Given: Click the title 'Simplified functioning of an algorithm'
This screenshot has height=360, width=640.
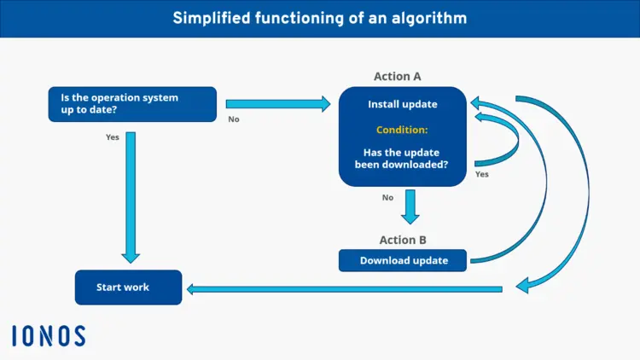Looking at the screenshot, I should [x=319, y=18].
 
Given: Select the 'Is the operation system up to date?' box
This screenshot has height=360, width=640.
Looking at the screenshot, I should [x=132, y=104].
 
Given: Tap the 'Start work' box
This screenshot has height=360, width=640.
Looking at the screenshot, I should [x=128, y=287].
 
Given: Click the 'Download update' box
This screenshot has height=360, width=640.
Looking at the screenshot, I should [x=404, y=260].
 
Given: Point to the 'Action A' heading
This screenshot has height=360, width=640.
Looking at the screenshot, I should [x=397, y=76].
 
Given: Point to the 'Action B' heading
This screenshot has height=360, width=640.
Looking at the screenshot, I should [x=403, y=240].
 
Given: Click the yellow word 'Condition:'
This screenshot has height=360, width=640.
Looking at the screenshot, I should [x=402, y=130].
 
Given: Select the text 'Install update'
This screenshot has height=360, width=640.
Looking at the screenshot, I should [x=402, y=105].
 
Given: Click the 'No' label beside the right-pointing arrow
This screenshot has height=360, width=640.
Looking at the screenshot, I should [x=234, y=119].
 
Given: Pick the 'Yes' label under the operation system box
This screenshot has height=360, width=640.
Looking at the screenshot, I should [x=112, y=137].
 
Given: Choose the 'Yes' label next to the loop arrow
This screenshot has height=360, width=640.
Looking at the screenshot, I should [x=481, y=174].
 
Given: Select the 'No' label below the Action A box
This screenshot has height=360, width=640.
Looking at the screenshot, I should [x=387, y=197].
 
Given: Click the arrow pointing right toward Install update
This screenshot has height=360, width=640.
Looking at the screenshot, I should [x=277, y=104].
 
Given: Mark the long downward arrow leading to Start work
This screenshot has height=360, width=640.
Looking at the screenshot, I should [x=131, y=196].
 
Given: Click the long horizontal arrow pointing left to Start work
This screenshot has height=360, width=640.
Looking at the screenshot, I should [x=341, y=289].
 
